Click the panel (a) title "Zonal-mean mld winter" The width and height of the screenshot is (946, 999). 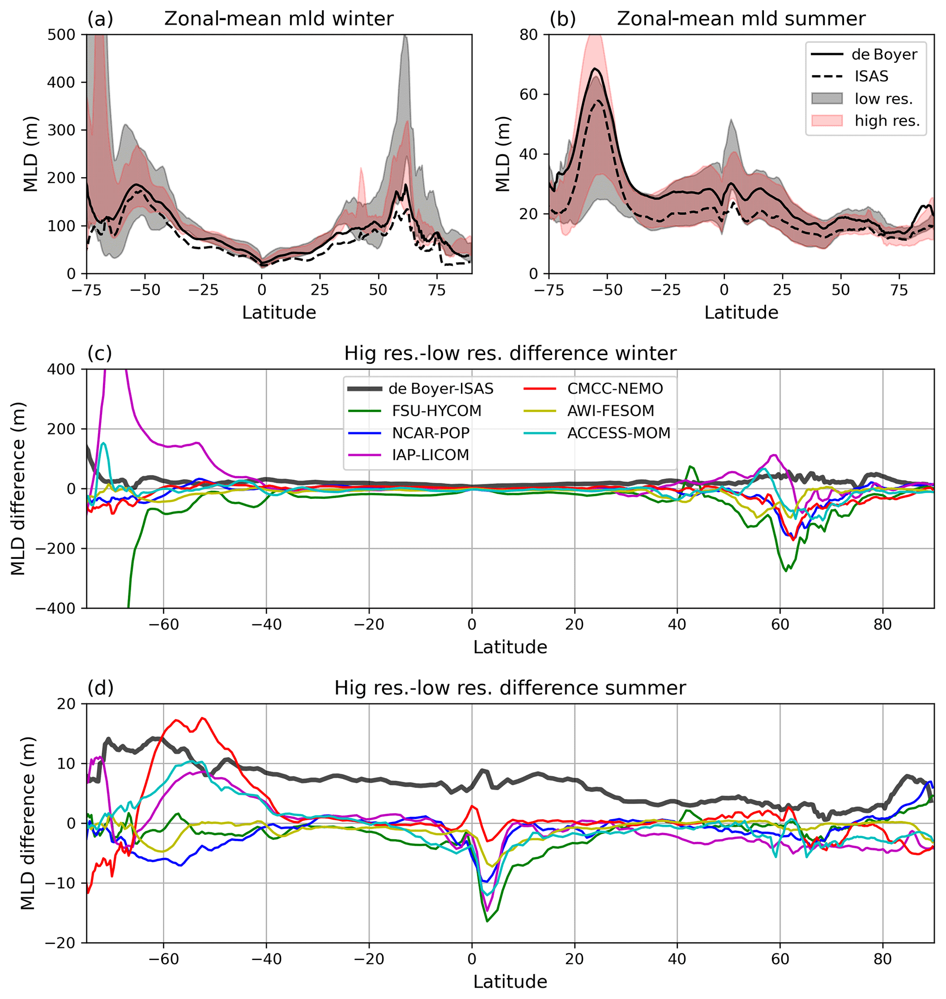(x=278, y=19)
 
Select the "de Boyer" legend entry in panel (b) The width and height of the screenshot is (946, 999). (x=884, y=54)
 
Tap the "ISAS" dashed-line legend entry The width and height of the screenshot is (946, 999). (x=871, y=76)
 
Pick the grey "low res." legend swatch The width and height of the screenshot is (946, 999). (x=827, y=99)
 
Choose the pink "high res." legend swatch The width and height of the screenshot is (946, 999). (x=827, y=121)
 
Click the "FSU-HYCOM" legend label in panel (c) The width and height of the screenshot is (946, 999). (x=437, y=411)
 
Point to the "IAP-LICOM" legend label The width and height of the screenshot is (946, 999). (x=431, y=455)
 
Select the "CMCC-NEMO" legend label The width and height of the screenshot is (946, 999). (x=615, y=389)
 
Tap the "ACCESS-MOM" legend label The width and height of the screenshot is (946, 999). (x=619, y=433)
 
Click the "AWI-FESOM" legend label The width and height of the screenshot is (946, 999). (x=611, y=411)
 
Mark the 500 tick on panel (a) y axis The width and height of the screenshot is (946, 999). (x=61, y=35)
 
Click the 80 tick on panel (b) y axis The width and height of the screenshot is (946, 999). (x=529, y=35)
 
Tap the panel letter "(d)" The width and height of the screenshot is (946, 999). (x=100, y=688)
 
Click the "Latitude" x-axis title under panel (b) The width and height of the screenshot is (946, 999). (x=741, y=313)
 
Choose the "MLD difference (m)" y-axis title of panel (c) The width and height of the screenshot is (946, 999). (x=18, y=489)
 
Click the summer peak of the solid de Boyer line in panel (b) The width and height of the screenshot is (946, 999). (x=595, y=68)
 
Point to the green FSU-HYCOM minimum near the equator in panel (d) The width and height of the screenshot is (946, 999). (x=487, y=921)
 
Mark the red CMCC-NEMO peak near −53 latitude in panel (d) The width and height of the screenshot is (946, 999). (x=202, y=718)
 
